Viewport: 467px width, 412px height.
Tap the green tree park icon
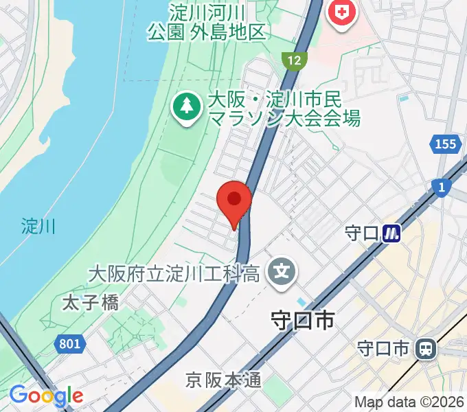click(185, 106)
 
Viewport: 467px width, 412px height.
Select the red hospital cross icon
click(341, 12)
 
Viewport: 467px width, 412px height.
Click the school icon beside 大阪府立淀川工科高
click(282, 273)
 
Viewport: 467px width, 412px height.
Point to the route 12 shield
click(294, 60)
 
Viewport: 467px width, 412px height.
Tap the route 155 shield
click(445, 144)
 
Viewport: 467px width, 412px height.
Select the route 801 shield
click(69, 344)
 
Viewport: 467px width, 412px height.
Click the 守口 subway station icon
click(391, 233)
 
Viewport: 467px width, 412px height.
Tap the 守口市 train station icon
click(426, 350)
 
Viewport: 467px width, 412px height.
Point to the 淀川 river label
click(38, 225)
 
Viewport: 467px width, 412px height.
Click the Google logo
click(46, 396)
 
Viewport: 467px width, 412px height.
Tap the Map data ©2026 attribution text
click(409, 402)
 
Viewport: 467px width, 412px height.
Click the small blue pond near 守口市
click(303, 302)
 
